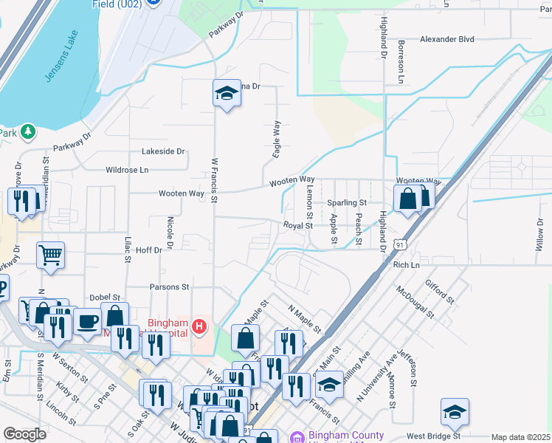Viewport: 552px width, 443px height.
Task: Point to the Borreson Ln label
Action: coord(402,61)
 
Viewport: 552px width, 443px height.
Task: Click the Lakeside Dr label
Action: coord(162,151)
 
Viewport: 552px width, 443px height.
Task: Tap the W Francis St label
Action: coord(215,179)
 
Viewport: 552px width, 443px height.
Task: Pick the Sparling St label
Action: coord(347,202)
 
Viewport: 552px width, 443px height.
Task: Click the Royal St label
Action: coord(299,225)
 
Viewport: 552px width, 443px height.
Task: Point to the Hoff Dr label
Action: coord(149,251)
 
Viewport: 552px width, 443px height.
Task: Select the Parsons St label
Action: coord(170,286)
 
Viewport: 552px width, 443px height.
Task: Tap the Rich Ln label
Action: coord(406,265)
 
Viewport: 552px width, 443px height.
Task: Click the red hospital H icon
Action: coord(199,326)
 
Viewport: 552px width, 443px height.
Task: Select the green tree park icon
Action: coord(28,131)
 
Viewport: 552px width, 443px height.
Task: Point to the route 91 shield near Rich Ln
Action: coord(399,244)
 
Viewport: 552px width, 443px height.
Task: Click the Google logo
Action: coord(25,434)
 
